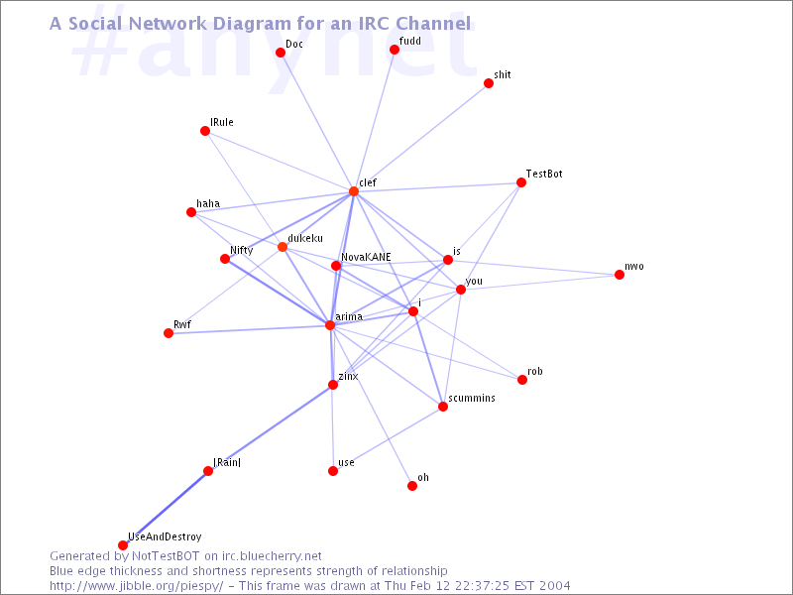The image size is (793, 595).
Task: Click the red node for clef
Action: click(353, 191)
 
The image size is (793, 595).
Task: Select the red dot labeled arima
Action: click(330, 325)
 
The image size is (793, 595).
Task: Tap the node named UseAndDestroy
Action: click(123, 545)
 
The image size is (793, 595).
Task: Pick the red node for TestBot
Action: click(521, 182)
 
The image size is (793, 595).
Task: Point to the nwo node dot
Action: click(620, 275)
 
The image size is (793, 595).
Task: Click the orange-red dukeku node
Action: click(283, 247)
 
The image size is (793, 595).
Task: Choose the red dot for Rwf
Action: click(169, 333)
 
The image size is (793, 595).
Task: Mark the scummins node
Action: click(443, 407)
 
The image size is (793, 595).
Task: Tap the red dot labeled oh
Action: click(412, 486)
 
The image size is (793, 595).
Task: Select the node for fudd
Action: click(395, 50)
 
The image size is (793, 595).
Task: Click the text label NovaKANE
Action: click(366, 257)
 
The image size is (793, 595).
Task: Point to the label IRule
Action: click(222, 122)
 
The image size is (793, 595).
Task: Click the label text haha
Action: click(208, 203)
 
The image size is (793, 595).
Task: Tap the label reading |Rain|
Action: click(227, 462)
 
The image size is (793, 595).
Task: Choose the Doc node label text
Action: click(294, 44)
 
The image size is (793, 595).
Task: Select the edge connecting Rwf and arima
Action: click(248, 329)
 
